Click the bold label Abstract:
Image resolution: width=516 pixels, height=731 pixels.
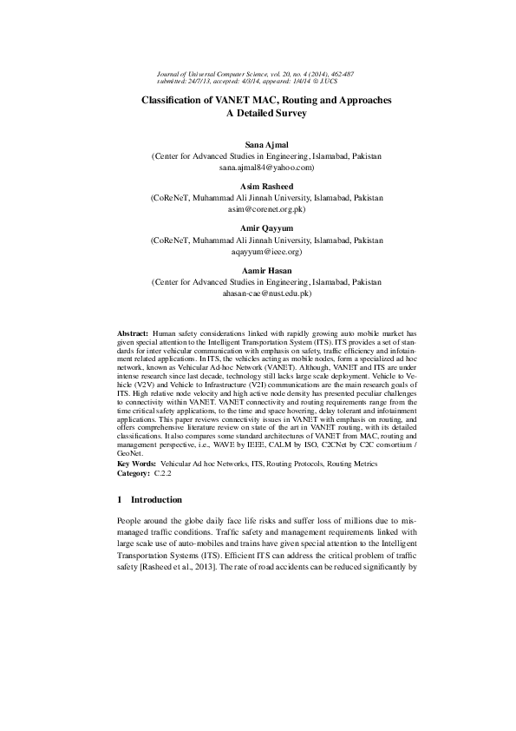pyautogui.click(x=133, y=333)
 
